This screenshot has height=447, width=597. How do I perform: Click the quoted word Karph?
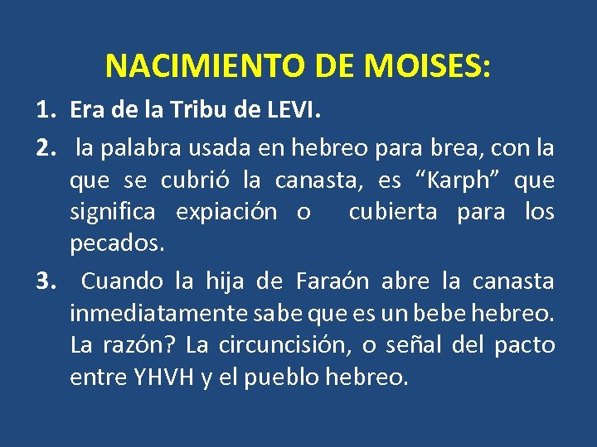(x=452, y=180)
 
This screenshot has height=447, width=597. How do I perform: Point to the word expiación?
(x=226, y=212)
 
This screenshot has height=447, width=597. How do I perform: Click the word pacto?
(x=526, y=344)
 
